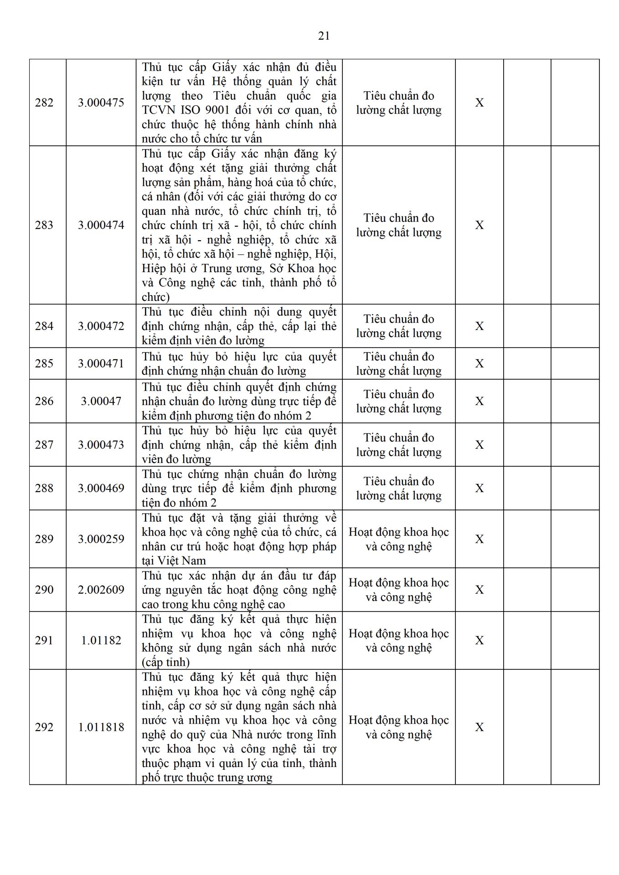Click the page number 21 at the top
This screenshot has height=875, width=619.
coord(324,36)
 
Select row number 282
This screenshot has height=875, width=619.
coord(44,103)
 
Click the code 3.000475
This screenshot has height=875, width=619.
coord(101,103)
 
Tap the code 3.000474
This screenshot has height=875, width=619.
coord(101,225)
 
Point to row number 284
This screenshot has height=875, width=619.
coord(44,326)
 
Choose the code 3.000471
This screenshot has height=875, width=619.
coord(101,364)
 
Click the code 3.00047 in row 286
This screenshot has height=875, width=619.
coord(101,401)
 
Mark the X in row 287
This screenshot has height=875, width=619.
coord(479,445)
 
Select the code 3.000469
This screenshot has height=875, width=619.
coord(101,489)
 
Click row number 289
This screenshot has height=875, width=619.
coord(44,539)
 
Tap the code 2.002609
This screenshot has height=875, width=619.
coord(101,590)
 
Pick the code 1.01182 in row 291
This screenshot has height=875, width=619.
coord(101,641)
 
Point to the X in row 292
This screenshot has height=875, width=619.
coord(479,727)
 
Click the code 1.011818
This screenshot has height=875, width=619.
coord(101,727)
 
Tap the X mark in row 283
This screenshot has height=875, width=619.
coord(479,225)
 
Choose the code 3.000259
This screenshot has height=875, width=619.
coord(101,539)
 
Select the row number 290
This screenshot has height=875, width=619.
coord(44,590)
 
